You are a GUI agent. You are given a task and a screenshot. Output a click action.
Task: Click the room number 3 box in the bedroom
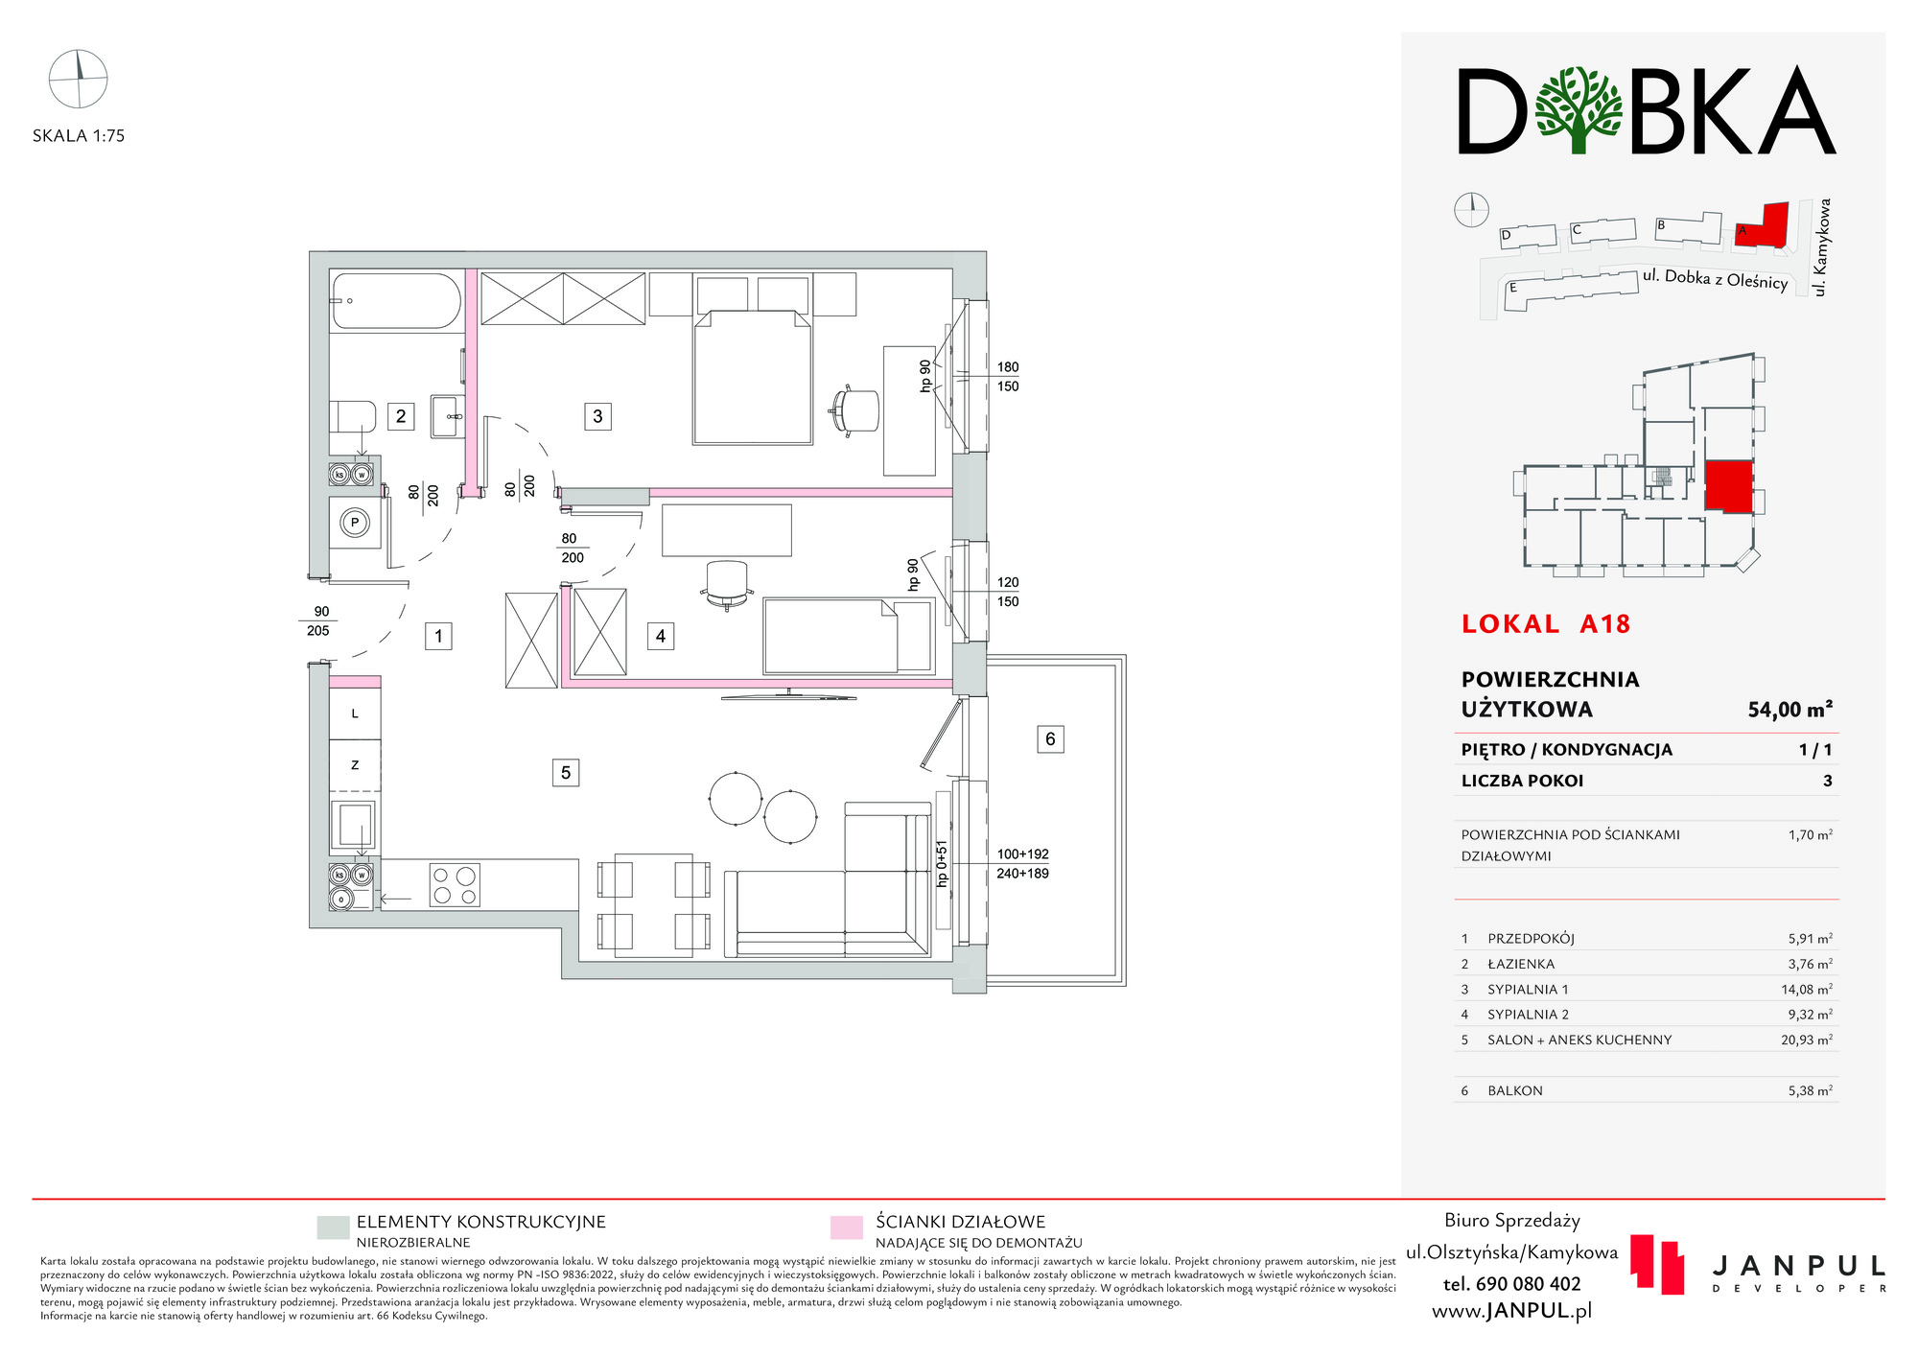point(597,416)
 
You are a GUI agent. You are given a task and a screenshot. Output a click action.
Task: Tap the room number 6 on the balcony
point(1050,739)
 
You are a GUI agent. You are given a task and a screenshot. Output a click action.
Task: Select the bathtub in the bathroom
point(396,300)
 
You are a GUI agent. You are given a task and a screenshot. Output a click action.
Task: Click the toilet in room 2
point(352,417)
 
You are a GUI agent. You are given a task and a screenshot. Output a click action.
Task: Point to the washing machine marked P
point(355,523)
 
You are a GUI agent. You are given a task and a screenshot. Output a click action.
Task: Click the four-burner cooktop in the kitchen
point(455,885)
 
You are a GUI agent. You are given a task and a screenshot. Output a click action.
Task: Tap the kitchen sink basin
point(353,825)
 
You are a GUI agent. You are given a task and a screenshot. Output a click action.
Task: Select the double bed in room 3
point(753,377)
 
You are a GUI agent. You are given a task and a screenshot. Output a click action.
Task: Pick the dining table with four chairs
point(653,904)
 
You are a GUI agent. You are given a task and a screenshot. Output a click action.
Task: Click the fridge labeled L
point(355,713)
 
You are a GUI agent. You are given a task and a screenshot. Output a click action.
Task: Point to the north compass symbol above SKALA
point(79,79)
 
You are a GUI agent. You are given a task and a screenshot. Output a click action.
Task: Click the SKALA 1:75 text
point(79,136)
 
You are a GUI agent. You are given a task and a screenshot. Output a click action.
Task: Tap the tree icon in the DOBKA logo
point(1578,109)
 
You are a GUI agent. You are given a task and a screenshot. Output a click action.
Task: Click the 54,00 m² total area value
point(1790,710)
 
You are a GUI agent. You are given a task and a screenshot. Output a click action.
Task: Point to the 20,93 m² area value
point(1807,1040)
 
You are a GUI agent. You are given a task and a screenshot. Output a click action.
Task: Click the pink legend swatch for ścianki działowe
point(847,1227)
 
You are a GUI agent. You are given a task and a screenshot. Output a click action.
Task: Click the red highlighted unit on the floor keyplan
point(1728,486)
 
